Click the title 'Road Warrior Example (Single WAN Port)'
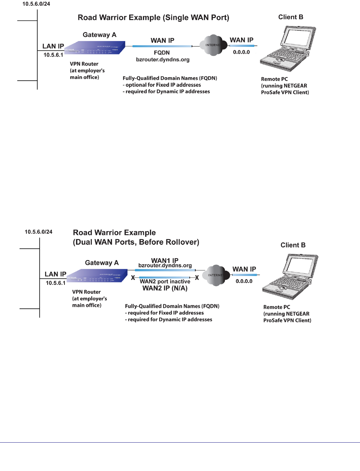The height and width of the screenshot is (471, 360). (153, 18)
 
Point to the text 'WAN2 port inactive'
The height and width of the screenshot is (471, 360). (165, 281)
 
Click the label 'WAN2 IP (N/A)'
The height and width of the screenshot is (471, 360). (165, 288)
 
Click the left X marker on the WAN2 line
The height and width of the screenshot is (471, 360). (133, 277)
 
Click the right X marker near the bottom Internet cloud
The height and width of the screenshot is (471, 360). (197, 277)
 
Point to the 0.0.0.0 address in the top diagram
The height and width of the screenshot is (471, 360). (241, 52)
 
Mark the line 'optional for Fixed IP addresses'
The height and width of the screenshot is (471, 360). (161, 85)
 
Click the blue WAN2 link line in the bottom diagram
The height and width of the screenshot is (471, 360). (165, 277)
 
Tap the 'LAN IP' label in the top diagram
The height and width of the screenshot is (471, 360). (53, 46)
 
